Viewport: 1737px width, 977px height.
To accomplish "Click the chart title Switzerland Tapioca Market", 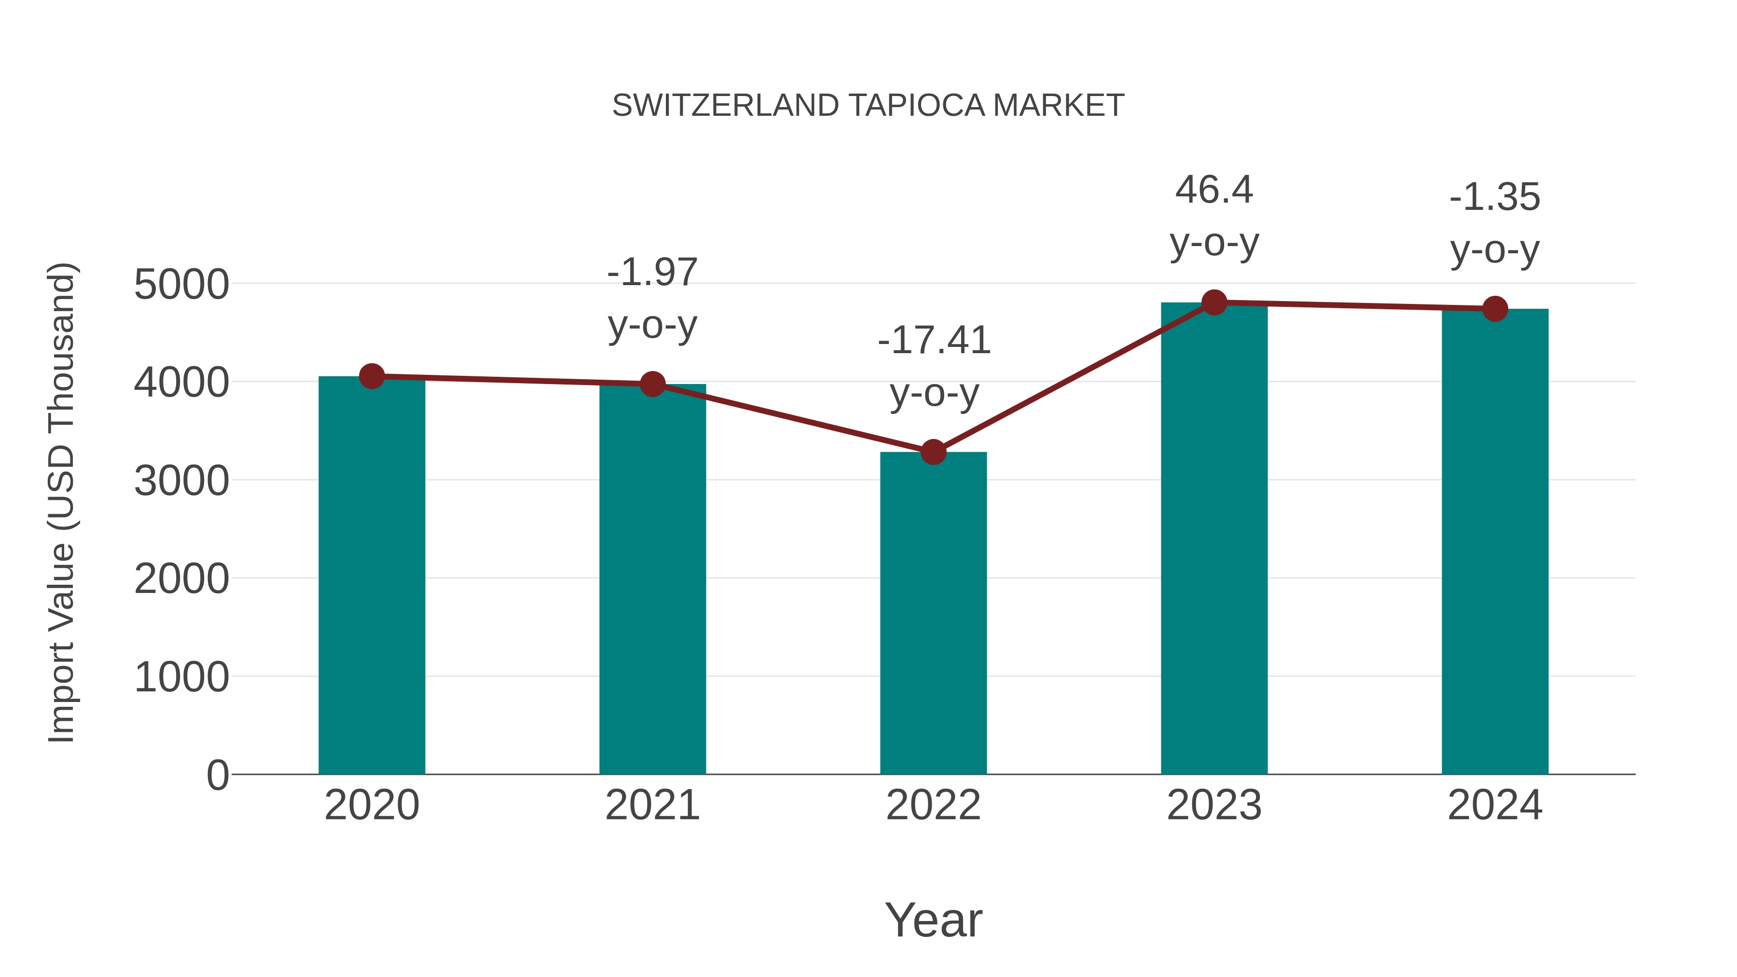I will tap(868, 106).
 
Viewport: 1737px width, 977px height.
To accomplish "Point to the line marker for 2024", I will tap(1495, 309).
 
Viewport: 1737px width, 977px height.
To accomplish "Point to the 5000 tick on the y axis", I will tap(181, 285).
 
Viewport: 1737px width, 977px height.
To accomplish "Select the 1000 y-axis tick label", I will tap(181, 677).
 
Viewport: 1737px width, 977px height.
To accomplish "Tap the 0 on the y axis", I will tap(217, 775).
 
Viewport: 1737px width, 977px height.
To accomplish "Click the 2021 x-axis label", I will tap(652, 805).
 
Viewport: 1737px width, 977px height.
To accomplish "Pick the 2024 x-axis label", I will tap(1495, 805).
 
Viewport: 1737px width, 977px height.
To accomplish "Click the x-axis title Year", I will tap(933, 920).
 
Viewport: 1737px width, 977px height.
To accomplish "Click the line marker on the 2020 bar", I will tap(372, 376).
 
